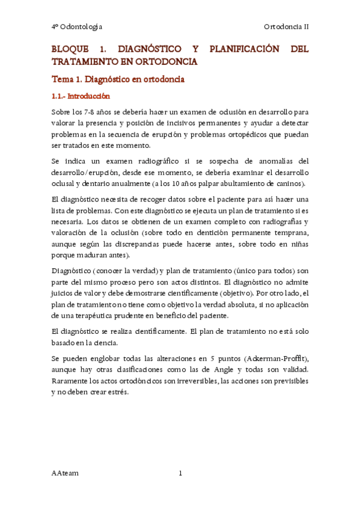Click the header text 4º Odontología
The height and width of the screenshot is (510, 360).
pyautogui.click(x=76, y=27)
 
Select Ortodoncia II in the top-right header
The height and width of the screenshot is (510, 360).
pyautogui.click(x=286, y=27)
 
